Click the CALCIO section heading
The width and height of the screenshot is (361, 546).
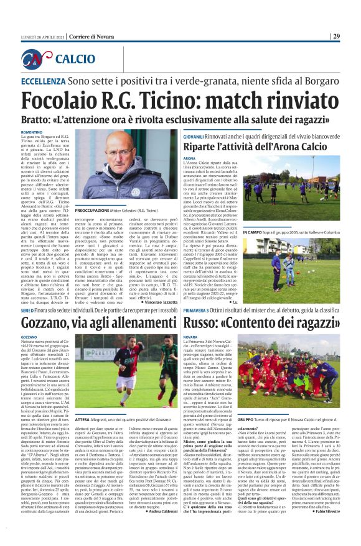[x=75, y=59]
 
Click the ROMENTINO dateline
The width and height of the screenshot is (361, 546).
[x=32, y=132]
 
